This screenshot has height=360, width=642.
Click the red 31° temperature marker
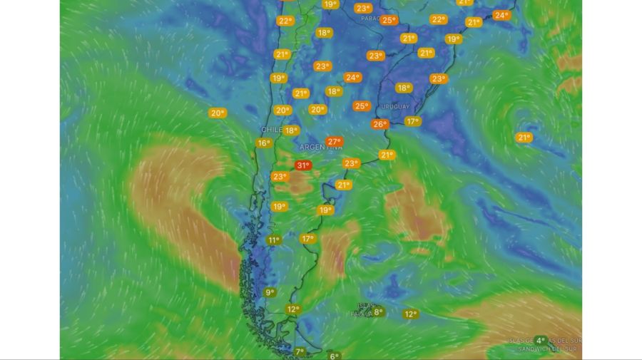[302, 165]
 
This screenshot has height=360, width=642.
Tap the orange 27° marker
[334, 142]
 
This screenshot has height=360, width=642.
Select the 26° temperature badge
[379, 124]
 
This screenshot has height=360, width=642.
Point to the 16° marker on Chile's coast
[263, 143]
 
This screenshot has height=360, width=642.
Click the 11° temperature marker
[273, 240]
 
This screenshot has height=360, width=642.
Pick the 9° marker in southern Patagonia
[270, 292]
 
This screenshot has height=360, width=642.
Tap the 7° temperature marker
[300, 351]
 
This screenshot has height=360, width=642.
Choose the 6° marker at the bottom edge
[333, 356]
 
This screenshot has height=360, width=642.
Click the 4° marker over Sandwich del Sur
[540, 341]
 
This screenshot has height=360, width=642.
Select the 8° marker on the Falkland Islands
[377, 312]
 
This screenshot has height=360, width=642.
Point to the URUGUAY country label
[394, 106]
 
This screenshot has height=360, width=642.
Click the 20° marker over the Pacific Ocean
[217, 113]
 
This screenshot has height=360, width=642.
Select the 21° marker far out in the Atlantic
[524, 138]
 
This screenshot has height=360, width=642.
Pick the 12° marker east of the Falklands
[410, 314]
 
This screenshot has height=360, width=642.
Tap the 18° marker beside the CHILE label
[290, 130]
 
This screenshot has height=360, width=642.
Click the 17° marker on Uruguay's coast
[412, 121]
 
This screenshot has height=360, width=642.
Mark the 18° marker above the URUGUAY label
[404, 88]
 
